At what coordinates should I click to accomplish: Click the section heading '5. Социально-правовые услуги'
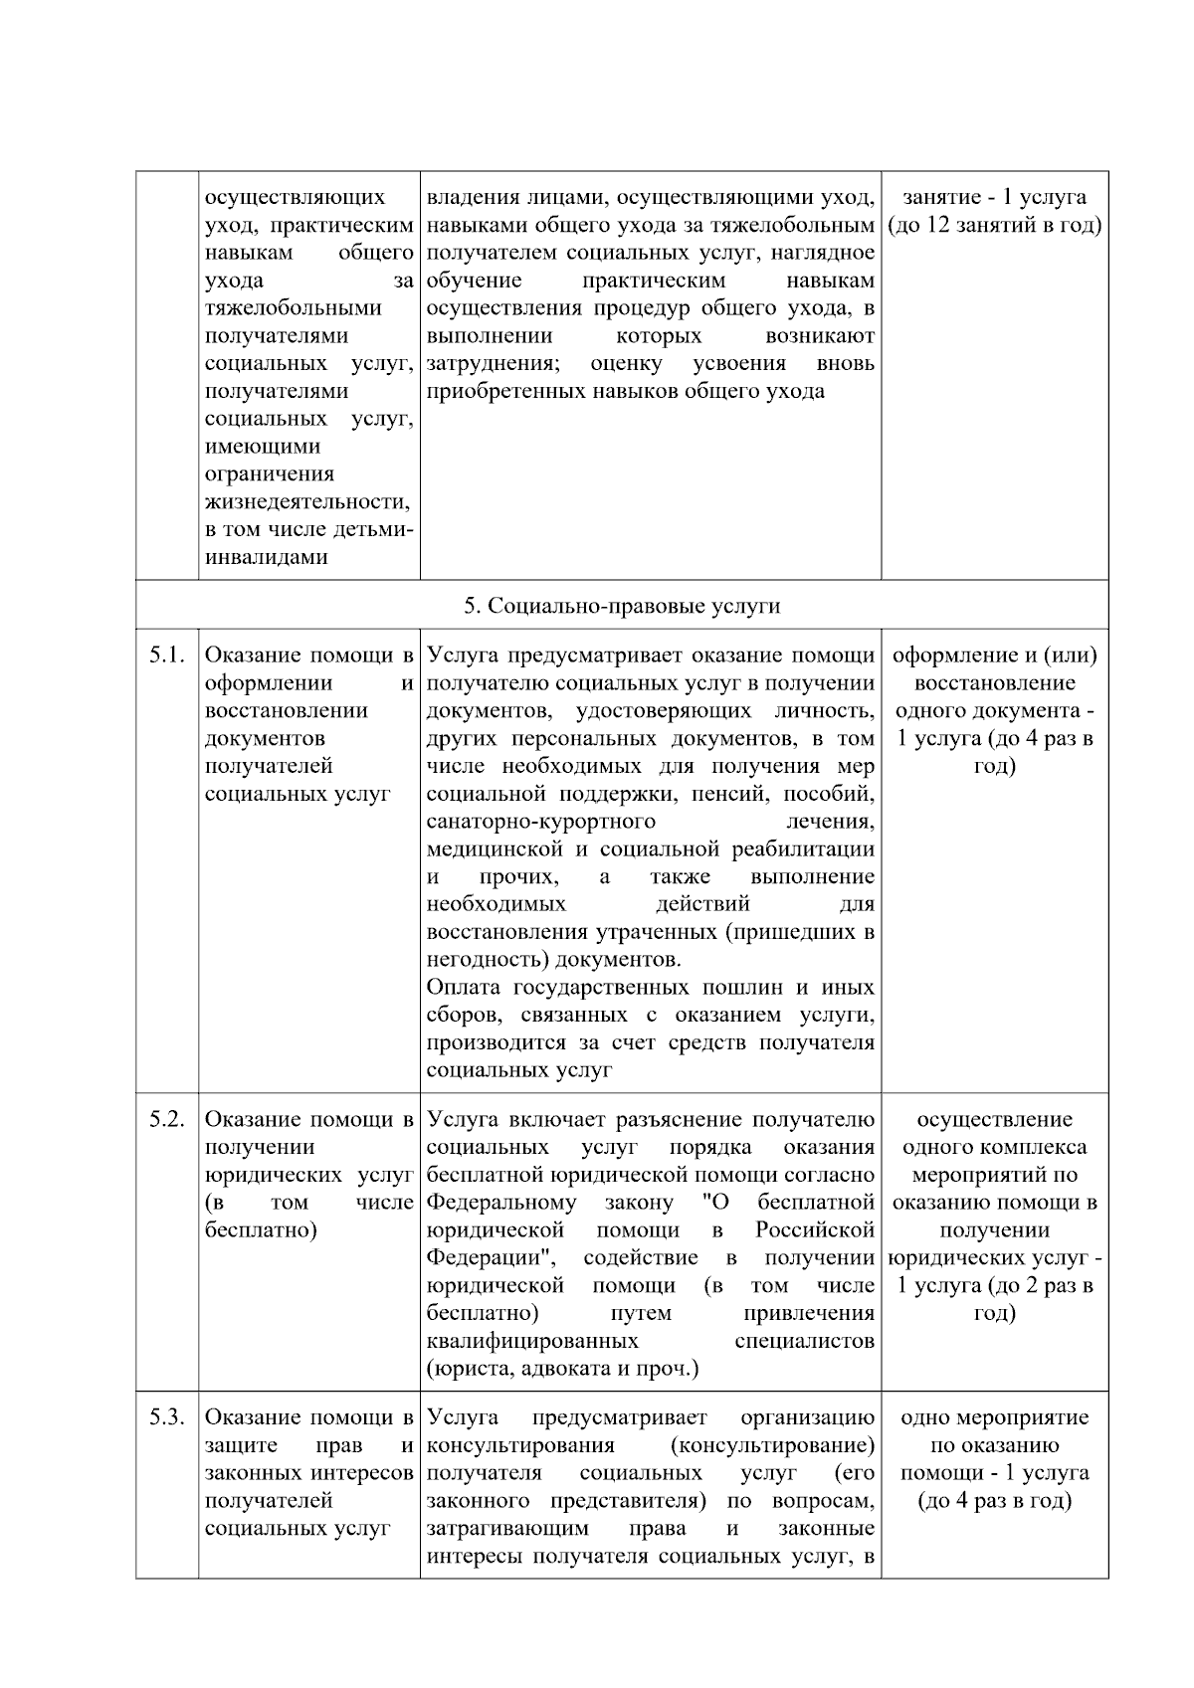pyautogui.click(x=622, y=606)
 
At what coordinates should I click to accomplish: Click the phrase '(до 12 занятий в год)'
pyautogui.click(x=994, y=225)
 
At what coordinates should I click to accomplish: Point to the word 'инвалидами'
pyautogui.click(x=267, y=557)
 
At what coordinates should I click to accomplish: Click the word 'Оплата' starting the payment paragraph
pyautogui.click(x=463, y=988)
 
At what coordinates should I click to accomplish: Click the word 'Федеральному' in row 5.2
pyautogui.click(x=501, y=1204)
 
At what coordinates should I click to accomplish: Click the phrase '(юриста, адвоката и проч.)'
pyautogui.click(x=562, y=1369)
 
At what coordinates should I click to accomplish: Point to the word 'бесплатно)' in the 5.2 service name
pyautogui.click(x=261, y=1230)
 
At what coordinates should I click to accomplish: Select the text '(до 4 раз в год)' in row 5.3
pyautogui.click(x=994, y=1501)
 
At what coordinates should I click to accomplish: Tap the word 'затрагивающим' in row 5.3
pyautogui.click(x=507, y=1528)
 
